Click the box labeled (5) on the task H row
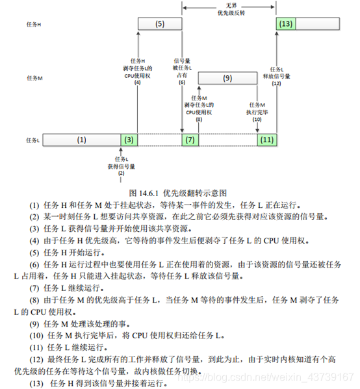(x=160, y=24)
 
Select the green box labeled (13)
(x=286, y=24)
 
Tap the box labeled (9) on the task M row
(x=227, y=78)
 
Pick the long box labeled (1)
(x=81, y=140)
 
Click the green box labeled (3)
(x=129, y=140)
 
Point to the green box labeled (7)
(x=190, y=140)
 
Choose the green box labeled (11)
(x=267, y=140)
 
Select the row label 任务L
(x=34, y=140)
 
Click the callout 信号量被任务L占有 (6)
(x=181, y=69)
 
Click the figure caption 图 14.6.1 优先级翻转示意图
(x=177, y=193)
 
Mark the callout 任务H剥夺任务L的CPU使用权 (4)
(x=138, y=69)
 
